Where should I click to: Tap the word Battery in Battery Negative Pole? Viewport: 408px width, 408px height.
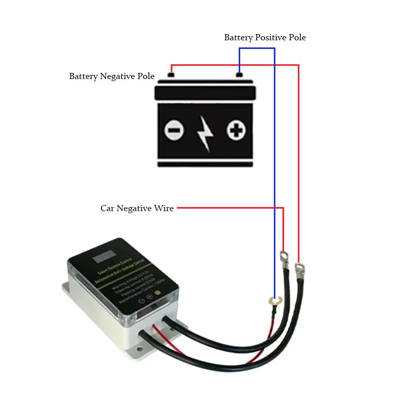84,76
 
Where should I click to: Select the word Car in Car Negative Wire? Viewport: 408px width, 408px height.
108,208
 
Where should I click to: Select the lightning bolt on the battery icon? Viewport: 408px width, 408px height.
205,133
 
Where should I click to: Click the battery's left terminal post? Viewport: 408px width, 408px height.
171,75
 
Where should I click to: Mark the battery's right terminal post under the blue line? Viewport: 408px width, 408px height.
239,75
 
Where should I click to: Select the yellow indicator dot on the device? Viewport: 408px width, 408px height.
158,293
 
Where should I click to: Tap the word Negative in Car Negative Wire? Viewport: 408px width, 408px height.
138,208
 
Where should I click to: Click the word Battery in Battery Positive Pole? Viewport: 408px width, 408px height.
238,38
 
